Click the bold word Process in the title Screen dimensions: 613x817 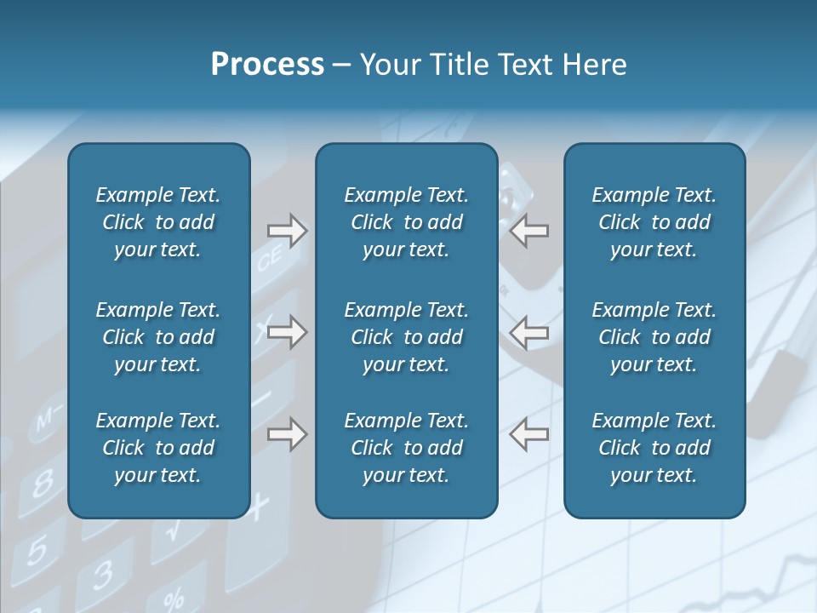267,65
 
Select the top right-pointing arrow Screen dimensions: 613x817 287,231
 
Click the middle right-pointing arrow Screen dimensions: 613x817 287,332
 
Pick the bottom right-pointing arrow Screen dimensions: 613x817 287,434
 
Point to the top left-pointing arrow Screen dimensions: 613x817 528,231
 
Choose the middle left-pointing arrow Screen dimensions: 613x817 528,332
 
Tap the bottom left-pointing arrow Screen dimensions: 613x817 528,434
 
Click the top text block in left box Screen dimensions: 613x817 158,222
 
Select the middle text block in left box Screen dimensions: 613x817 158,337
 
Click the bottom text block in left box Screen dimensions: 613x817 158,448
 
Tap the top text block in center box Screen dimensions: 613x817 406,222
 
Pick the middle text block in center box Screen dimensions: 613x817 406,337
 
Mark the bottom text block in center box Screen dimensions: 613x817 406,448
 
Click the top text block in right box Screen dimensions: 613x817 654,222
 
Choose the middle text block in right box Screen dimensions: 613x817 654,337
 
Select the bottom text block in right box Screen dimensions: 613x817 654,448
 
